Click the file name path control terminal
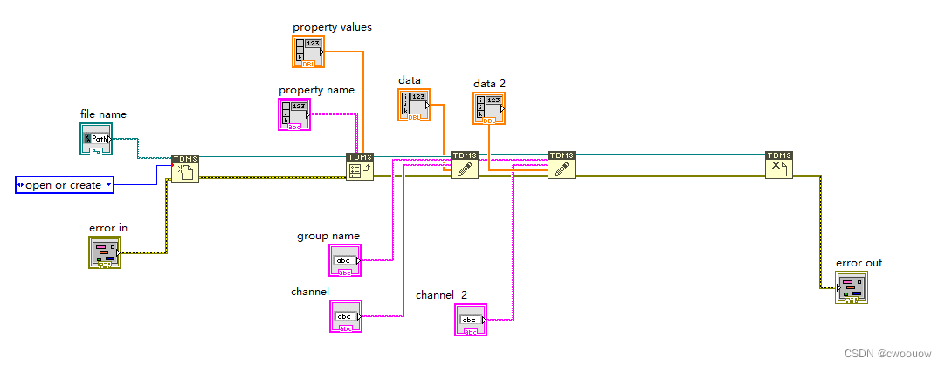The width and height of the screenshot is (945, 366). [x=96, y=139]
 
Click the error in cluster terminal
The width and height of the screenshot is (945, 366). [x=106, y=253]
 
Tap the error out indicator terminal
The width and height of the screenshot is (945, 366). [x=851, y=287]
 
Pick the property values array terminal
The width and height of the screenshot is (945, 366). [x=307, y=52]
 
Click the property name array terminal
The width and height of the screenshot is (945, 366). [x=294, y=114]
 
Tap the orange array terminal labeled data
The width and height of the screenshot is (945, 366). [x=414, y=104]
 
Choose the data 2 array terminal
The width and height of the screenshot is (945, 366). [x=490, y=108]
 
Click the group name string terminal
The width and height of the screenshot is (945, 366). [x=344, y=260]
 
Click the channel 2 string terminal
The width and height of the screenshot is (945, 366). [x=469, y=320]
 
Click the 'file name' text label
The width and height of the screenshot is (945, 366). [x=103, y=114]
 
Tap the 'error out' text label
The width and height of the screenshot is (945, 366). [x=859, y=262]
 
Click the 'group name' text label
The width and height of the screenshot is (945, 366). [x=328, y=236]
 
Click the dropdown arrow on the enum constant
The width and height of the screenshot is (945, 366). [x=108, y=184]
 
